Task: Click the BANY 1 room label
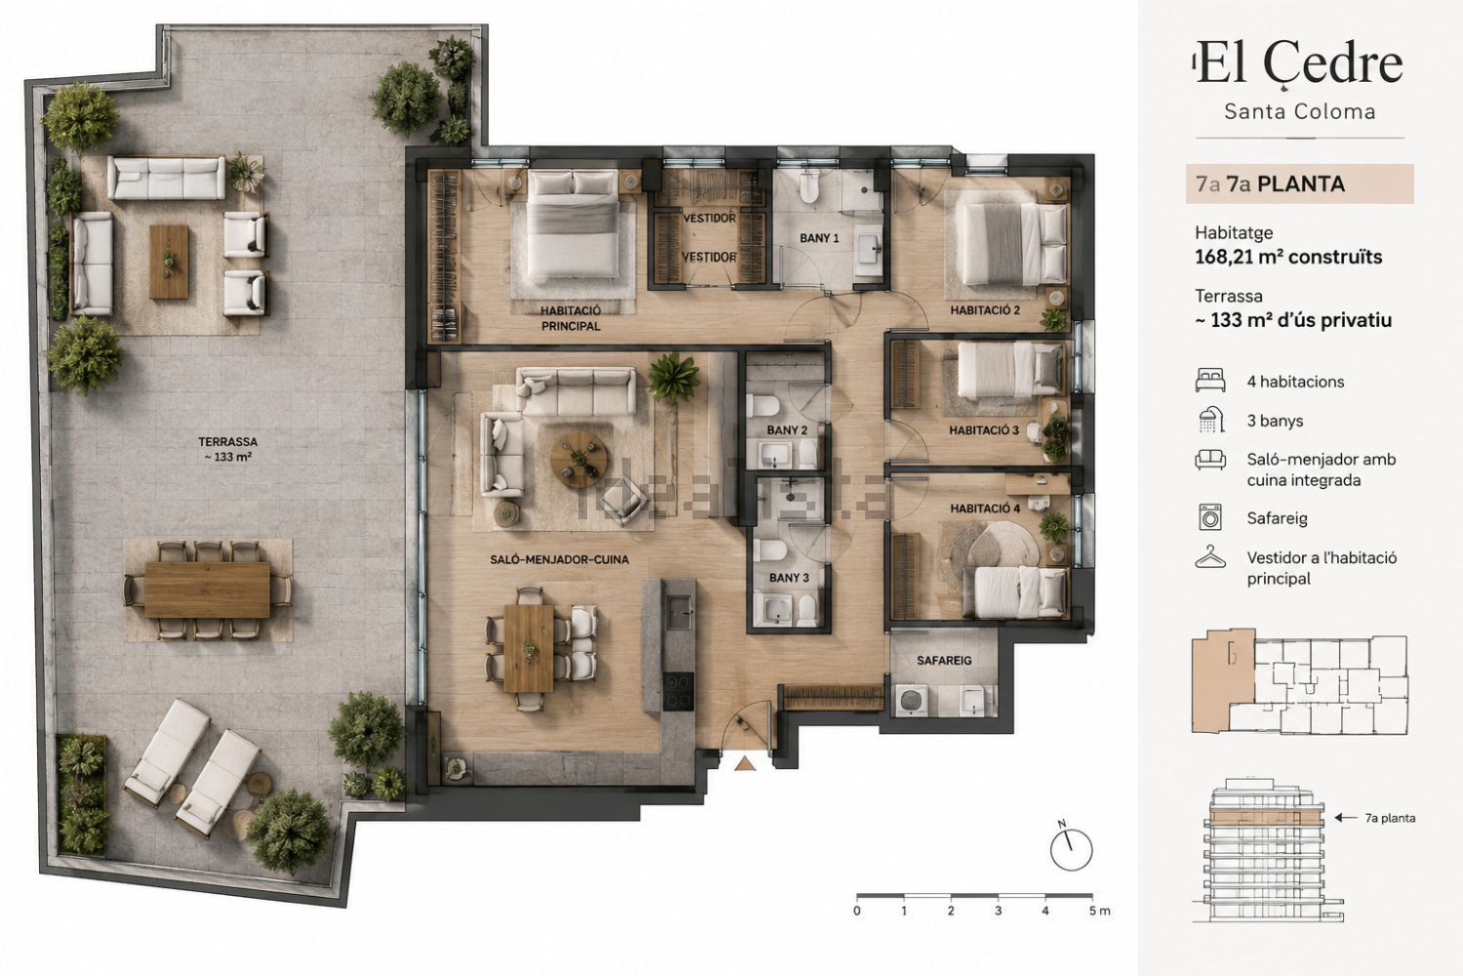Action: click(819, 238)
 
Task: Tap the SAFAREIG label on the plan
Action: click(944, 660)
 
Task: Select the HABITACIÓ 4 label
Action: click(985, 508)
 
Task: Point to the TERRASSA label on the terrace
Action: click(228, 441)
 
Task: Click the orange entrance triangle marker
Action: click(744, 763)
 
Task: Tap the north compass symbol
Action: click(1071, 849)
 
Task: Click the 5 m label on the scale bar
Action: click(1099, 911)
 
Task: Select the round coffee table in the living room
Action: click(578, 459)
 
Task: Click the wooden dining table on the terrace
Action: click(207, 590)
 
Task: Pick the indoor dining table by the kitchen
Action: click(529, 648)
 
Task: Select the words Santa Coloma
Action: click(1300, 112)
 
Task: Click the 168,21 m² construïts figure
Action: click(1288, 257)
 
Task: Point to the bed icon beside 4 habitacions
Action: click(1210, 381)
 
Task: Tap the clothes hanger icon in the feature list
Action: click(1210, 557)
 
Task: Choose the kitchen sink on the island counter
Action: click(679, 613)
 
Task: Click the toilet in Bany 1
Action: click(810, 187)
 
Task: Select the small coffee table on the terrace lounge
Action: click(169, 263)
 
